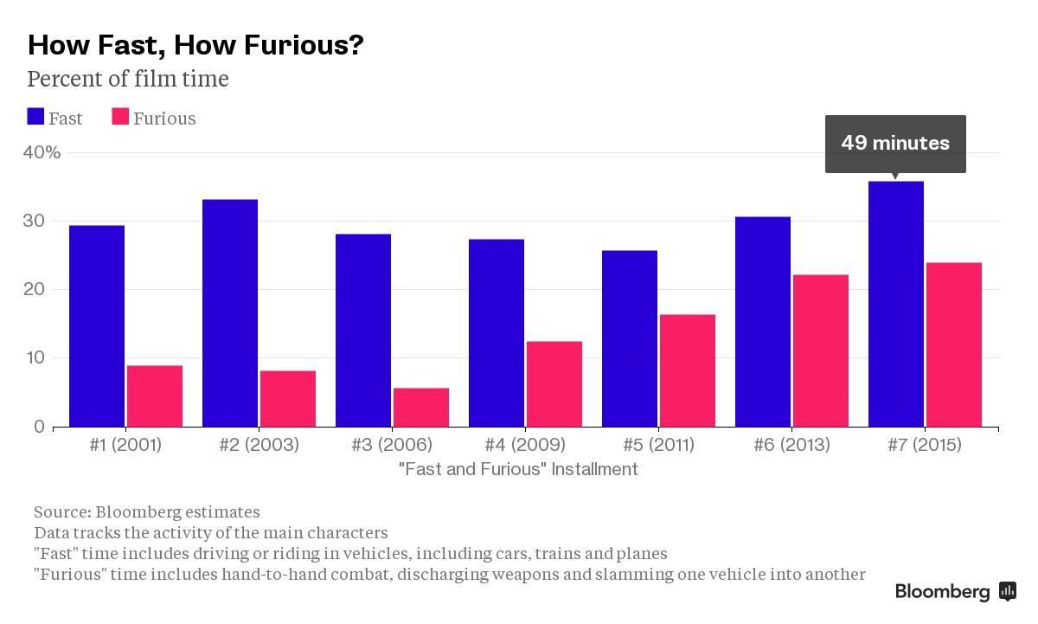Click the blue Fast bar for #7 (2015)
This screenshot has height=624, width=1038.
[x=895, y=304]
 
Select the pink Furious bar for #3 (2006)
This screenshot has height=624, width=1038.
[x=421, y=408]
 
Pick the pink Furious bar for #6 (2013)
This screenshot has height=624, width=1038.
[x=821, y=351]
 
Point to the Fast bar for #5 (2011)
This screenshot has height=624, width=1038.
[x=630, y=338]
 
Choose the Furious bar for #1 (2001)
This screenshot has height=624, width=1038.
[x=155, y=396]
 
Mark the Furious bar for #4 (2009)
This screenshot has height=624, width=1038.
[x=554, y=384]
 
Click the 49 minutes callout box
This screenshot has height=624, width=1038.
[x=895, y=143]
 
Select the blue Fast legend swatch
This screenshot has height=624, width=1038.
[x=35, y=118]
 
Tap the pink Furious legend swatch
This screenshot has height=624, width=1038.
[x=120, y=118]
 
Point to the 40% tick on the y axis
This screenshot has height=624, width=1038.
[x=42, y=152]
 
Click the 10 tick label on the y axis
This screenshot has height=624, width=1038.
[x=34, y=358]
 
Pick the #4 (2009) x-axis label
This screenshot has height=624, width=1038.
[x=525, y=445]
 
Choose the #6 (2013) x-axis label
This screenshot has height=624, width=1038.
[x=791, y=445]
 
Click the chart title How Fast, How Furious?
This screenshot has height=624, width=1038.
[x=195, y=45]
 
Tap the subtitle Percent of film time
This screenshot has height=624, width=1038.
[x=128, y=80]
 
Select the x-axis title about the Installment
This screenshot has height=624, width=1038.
[x=518, y=469]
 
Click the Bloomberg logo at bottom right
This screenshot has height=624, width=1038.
[x=955, y=592]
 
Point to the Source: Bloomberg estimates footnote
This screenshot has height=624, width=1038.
[x=146, y=512]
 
